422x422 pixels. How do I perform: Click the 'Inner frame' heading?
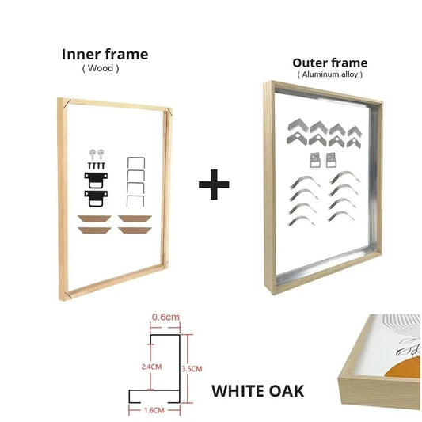point(105,55)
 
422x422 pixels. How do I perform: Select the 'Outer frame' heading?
point(329,63)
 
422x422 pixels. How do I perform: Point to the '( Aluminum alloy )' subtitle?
point(329,74)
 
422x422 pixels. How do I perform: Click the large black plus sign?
point(213,186)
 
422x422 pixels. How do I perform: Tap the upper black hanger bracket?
point(93,177)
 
